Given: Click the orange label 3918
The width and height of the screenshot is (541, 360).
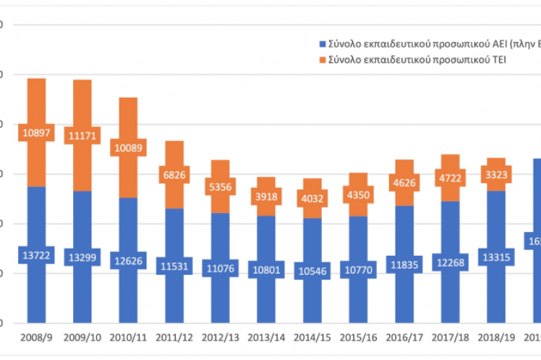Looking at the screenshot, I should point(267,194).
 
